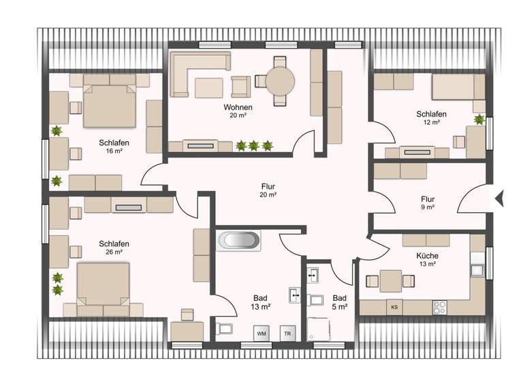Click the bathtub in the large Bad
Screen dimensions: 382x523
(x=238, y=241)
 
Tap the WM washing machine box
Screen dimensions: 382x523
(x=261, y=334)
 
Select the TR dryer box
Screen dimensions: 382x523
(x=288, y=334)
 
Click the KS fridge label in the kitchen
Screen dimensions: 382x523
(x=394, y=307)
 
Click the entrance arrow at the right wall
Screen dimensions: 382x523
(x=499, y=198)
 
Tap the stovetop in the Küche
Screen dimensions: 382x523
(x=441, y=306)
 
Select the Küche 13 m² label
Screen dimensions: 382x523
(x=428, y=260)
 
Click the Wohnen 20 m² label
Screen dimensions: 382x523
(x=238, y=111)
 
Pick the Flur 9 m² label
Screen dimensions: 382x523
(x=428, y=203)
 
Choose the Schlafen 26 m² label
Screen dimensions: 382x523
(x=114, y=247)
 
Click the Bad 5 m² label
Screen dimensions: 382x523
(x=340, y=302)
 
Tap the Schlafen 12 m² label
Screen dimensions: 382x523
(x=432, y=117)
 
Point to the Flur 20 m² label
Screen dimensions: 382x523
(x=268, y=190)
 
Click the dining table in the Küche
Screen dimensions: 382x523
(x=390, y=280)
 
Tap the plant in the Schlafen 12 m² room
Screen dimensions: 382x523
(x=479, y=119)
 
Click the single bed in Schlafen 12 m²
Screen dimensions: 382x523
(x=458, y=87)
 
